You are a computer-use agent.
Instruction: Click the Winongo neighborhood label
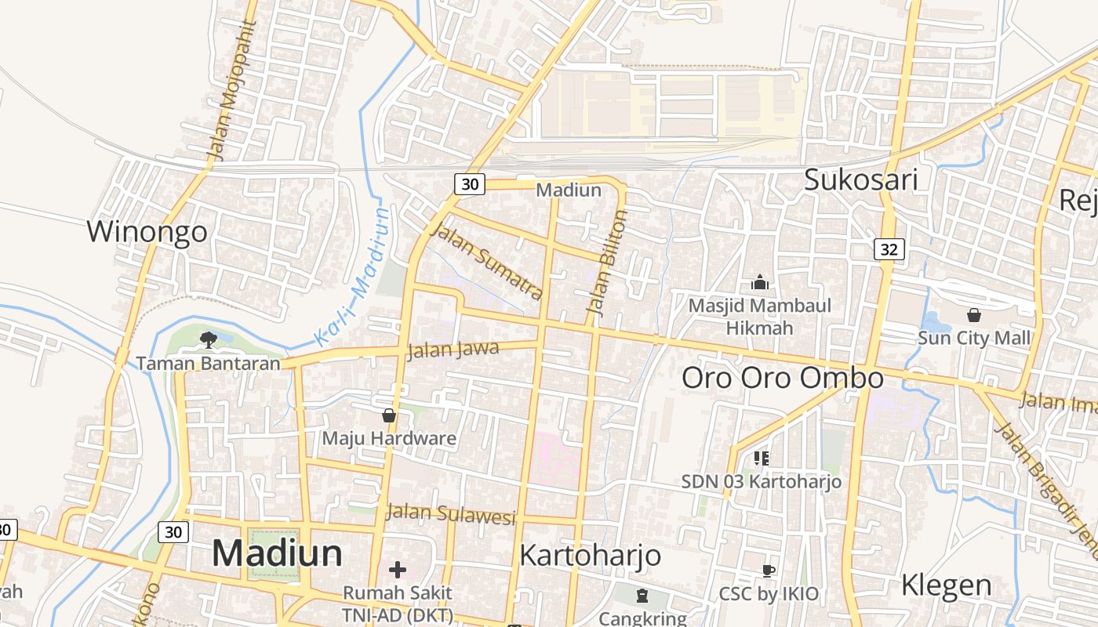tap(147, 232)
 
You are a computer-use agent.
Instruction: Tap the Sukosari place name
tap(861, 180)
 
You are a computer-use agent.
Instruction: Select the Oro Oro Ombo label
tap(782, 378)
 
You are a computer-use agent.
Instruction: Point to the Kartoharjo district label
tap(590, 556)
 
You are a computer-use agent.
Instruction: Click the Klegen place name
tap(946, 585)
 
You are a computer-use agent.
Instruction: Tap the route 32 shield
tap(889, 249)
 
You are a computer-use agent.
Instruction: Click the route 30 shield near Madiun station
tap(469, 184)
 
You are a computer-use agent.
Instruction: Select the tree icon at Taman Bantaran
tap(208, 339)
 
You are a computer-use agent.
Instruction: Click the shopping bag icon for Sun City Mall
tap(973, 315)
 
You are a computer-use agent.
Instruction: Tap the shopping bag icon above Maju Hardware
tap(388, 415)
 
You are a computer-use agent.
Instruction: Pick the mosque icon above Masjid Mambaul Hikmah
tap(759, 282)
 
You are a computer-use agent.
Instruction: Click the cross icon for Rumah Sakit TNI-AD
tap(398, 569)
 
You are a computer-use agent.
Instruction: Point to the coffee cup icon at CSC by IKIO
tap(768, 571)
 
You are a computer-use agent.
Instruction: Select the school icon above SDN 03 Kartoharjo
tap(761, 458)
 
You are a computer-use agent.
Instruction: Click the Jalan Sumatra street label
tap(487, 263)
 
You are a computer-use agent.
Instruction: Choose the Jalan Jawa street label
tap(453, 350)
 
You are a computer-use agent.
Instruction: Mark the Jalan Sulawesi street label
tap(451, 513)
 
